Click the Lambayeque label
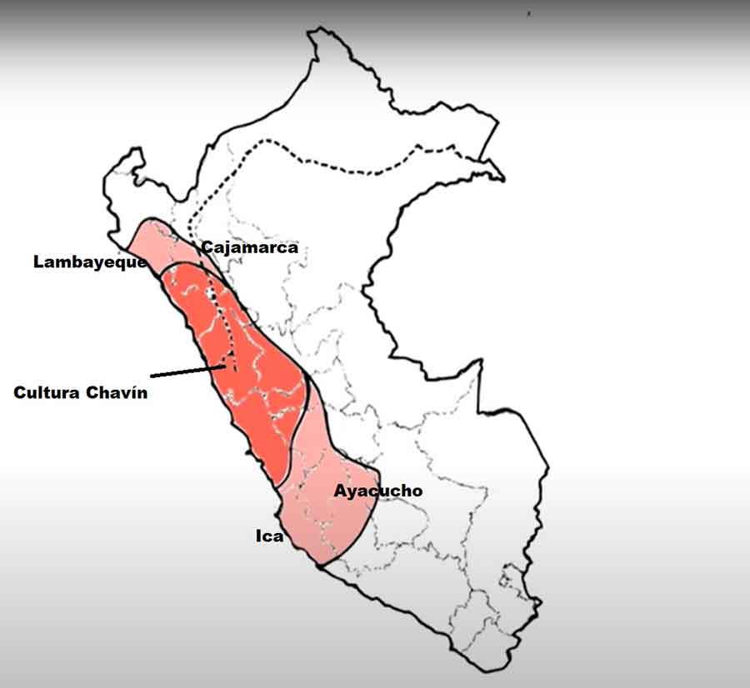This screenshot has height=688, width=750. pyautogui.click(x=90, y=262)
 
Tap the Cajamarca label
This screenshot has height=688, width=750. pyautogui.click(x=249, y=247)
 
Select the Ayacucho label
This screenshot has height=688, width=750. pyautogui.click(x=377, y=491)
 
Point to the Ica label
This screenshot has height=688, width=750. pyautogui.click(x=269, y=536)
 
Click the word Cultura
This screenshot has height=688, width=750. pyautogui.click(x=47, y=392)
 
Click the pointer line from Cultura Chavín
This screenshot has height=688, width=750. pyautogui.click(x=187, y=370)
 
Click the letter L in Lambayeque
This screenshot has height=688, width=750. pyautogui.click(x=38, y=262)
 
